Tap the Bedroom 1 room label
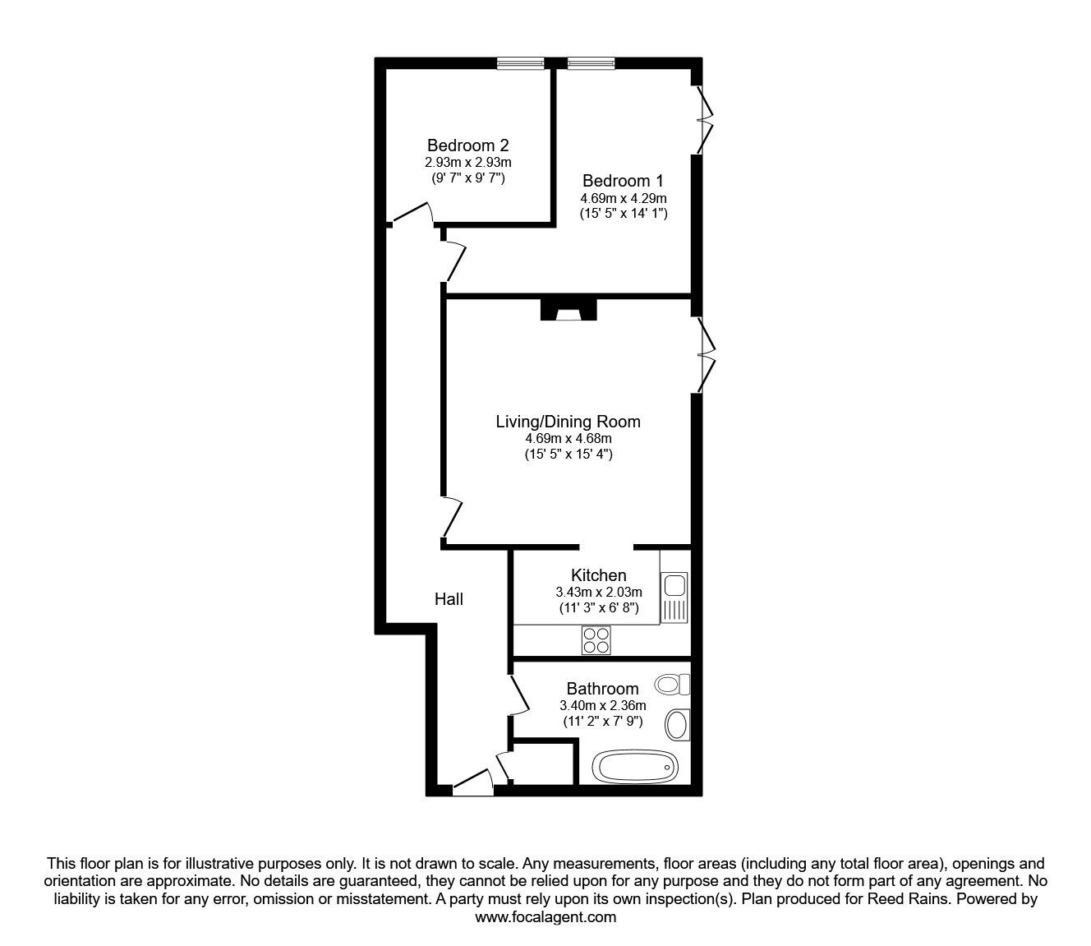(623, 181)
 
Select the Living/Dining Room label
(568, 422)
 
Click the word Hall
(449, 599)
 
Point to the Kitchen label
(598, 575)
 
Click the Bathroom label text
(602, 689)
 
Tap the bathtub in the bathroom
(637, 768)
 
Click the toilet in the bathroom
(673, 684)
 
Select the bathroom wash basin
(678, 724)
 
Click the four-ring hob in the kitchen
(596, 639)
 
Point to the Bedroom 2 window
(521, 63)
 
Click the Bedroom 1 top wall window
(591, 63)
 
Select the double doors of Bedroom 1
(702, 120)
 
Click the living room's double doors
(704, 354)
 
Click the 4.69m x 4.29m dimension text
(623, 198)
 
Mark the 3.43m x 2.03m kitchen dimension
(598, 592)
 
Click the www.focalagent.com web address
(545, 917)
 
